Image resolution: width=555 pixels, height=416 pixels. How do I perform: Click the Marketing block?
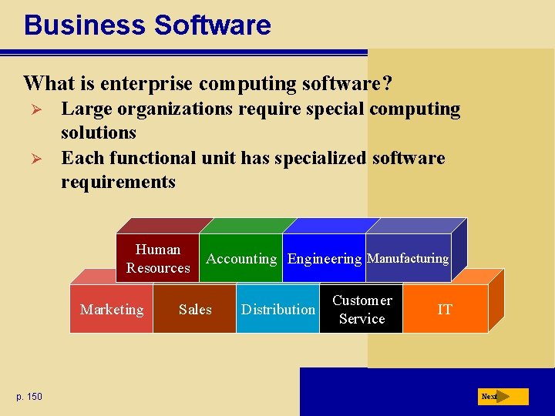pos(112,309)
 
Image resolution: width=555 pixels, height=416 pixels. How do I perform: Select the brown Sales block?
pos(194,309)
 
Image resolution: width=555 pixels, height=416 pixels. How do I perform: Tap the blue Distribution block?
pos(277,309)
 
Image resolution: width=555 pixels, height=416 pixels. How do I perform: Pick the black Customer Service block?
pos(362,309)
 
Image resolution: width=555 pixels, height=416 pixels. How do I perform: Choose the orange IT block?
pos(445,309)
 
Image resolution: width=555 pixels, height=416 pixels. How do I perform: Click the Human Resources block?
pos(158,258)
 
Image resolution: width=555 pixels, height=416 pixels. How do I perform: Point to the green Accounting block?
pos(241,259)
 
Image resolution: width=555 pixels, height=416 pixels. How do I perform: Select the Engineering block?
pos(324,259)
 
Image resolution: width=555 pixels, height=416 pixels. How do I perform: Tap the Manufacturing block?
pos(408,259)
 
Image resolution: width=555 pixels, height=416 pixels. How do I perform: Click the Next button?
pos(502,397)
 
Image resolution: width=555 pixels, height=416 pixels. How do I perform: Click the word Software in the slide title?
pos(212,25)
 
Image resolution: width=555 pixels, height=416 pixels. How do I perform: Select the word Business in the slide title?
pos(85,25)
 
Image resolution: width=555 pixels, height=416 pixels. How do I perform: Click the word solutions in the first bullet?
pos(99,133)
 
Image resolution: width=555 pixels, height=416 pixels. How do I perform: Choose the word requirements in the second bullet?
pos(118,183)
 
